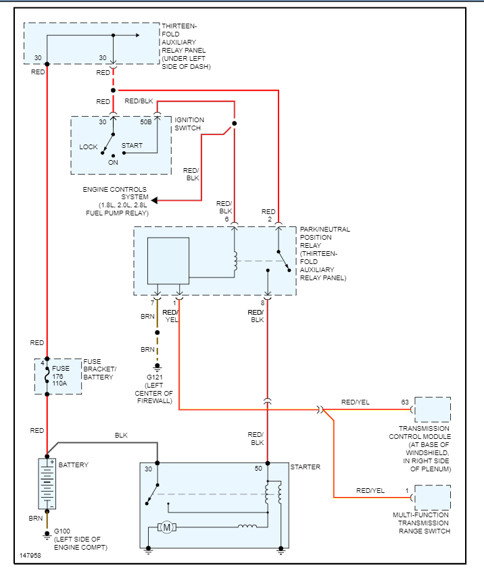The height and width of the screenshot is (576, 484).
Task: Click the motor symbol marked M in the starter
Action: coord(166,527)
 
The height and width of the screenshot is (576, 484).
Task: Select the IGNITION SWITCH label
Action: coord(189,124)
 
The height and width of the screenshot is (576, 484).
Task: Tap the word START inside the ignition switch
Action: coord(132,145)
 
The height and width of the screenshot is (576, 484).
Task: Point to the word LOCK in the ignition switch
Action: coord(89,147)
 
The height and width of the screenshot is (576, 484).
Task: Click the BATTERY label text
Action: coord(73,465)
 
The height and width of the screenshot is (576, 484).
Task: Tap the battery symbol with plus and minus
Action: coord(47,483)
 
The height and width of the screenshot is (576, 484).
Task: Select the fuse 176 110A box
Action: coord(58,377)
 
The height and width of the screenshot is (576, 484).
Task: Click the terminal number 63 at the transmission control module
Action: coord(405,402)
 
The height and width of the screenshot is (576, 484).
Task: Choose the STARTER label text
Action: coord(305,467)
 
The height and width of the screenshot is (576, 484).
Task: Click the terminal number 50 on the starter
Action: coord(258,469)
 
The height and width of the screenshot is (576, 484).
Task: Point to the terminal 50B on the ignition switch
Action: coord(146,122)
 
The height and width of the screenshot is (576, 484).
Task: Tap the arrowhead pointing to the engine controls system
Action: coord(155,200)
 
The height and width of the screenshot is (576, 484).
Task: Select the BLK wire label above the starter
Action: coord(121,436)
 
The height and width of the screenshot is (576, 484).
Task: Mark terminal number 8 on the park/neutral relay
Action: coord(262,303)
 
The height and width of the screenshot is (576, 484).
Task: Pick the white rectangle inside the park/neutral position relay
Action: coord(168,260)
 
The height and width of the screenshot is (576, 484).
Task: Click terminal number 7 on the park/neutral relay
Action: coord(152,303)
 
